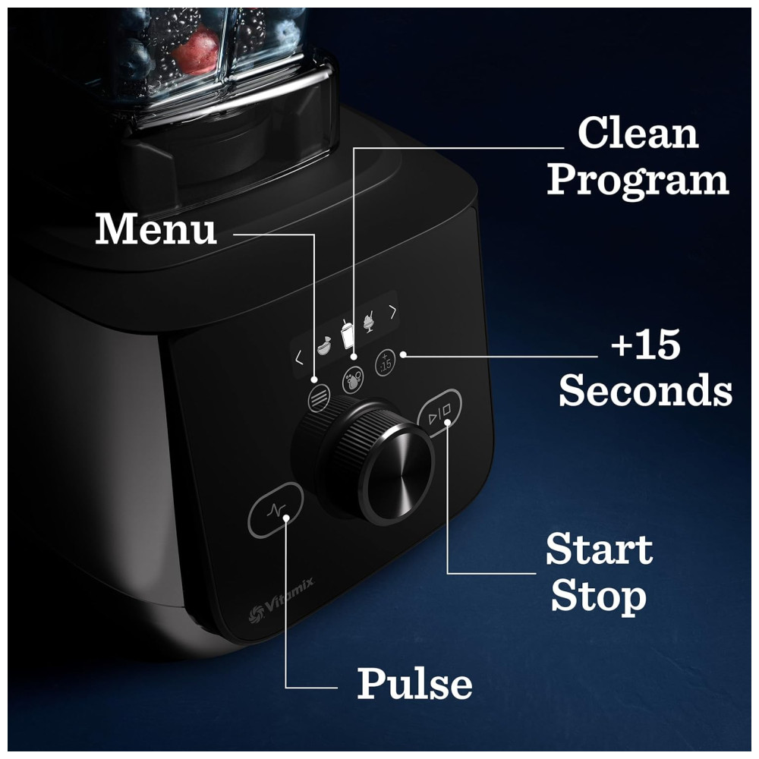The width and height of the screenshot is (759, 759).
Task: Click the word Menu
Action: (x=156, y=228)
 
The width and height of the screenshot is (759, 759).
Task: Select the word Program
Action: (x=638, y=180)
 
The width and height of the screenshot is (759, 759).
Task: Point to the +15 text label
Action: (x=646, y=344)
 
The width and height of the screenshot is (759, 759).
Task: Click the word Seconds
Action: (x=645, y=389)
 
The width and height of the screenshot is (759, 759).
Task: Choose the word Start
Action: (x=600, y=549)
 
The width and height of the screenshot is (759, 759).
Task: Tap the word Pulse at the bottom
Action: (x=414, y=682)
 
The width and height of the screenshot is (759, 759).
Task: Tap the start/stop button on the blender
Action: (x=439, y=411)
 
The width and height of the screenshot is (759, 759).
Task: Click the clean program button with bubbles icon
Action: (x=353, y=380)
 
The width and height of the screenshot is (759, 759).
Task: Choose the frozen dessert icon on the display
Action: (x=370, y=321)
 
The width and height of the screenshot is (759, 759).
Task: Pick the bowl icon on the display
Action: (x=324, y=345)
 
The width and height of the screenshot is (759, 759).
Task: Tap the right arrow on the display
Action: (x=393, y=312)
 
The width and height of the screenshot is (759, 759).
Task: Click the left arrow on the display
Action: (x=299, y=358)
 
